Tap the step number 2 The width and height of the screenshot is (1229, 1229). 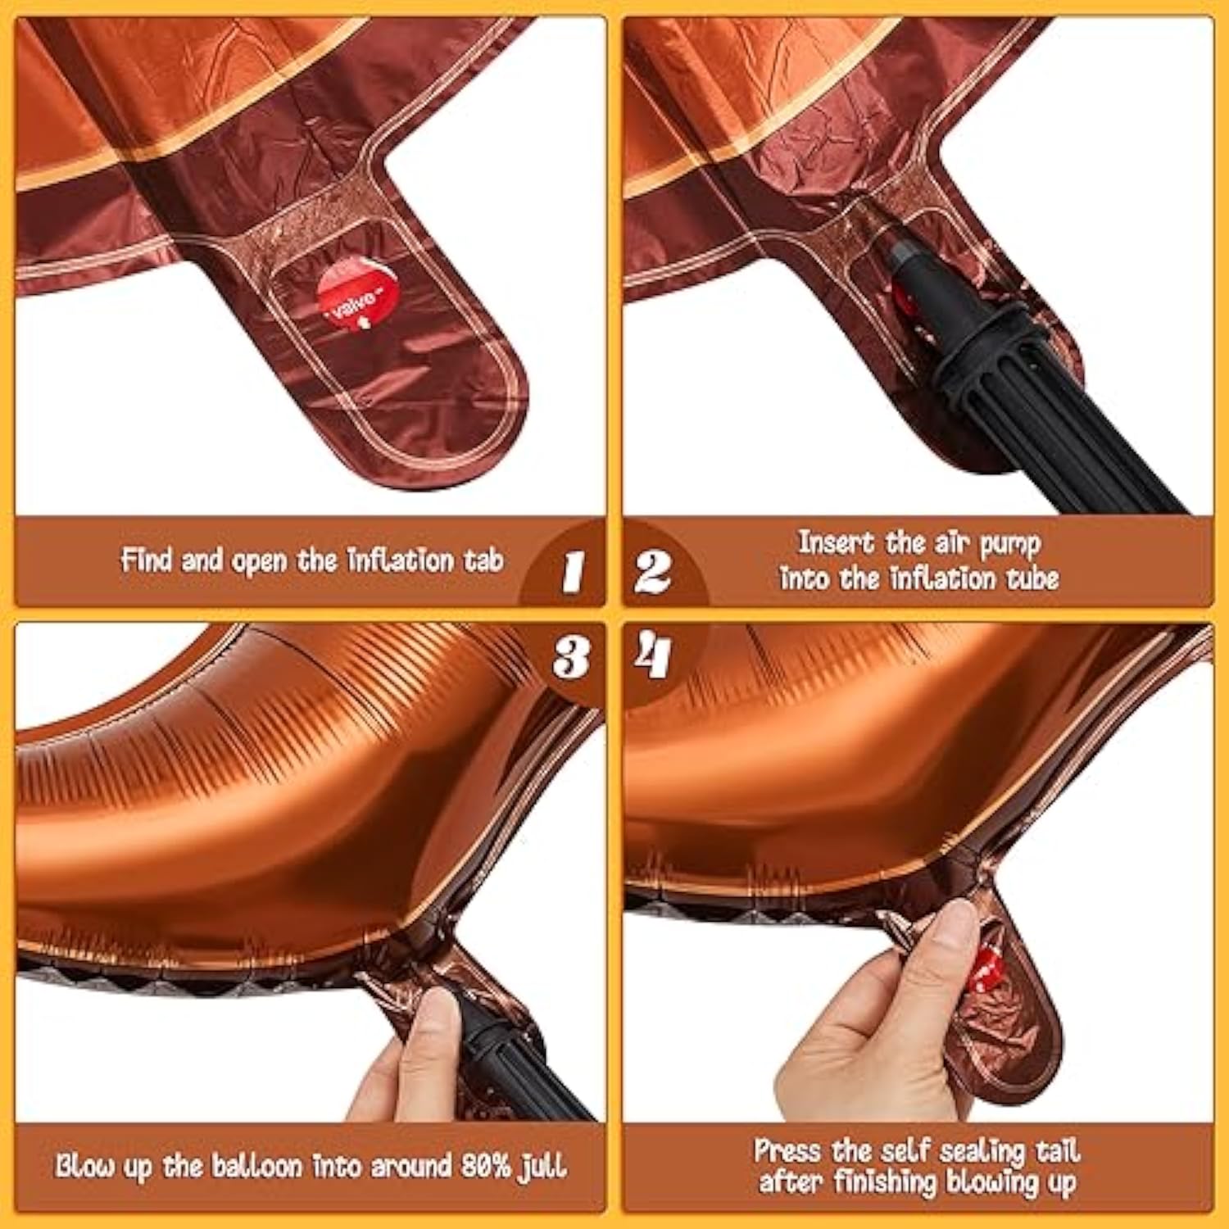click(x=653, y=570)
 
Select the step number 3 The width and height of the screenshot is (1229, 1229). click(x=571, y=656)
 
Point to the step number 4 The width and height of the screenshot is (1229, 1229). click(x=652, y=655)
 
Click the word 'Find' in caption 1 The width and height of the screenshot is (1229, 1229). click(x=147, y=560)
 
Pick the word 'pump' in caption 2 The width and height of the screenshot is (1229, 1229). click(x=1010, y=544)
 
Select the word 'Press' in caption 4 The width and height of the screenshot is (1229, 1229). click(x=787, y=1150)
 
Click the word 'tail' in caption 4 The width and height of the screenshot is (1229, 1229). click(x=1058, y=1150)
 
